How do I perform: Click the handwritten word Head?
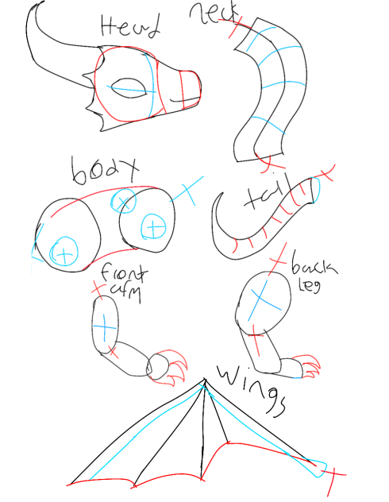(130, 27)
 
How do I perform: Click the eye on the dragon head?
(126, 87)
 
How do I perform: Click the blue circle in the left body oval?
(60, 253)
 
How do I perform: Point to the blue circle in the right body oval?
(152, 228)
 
